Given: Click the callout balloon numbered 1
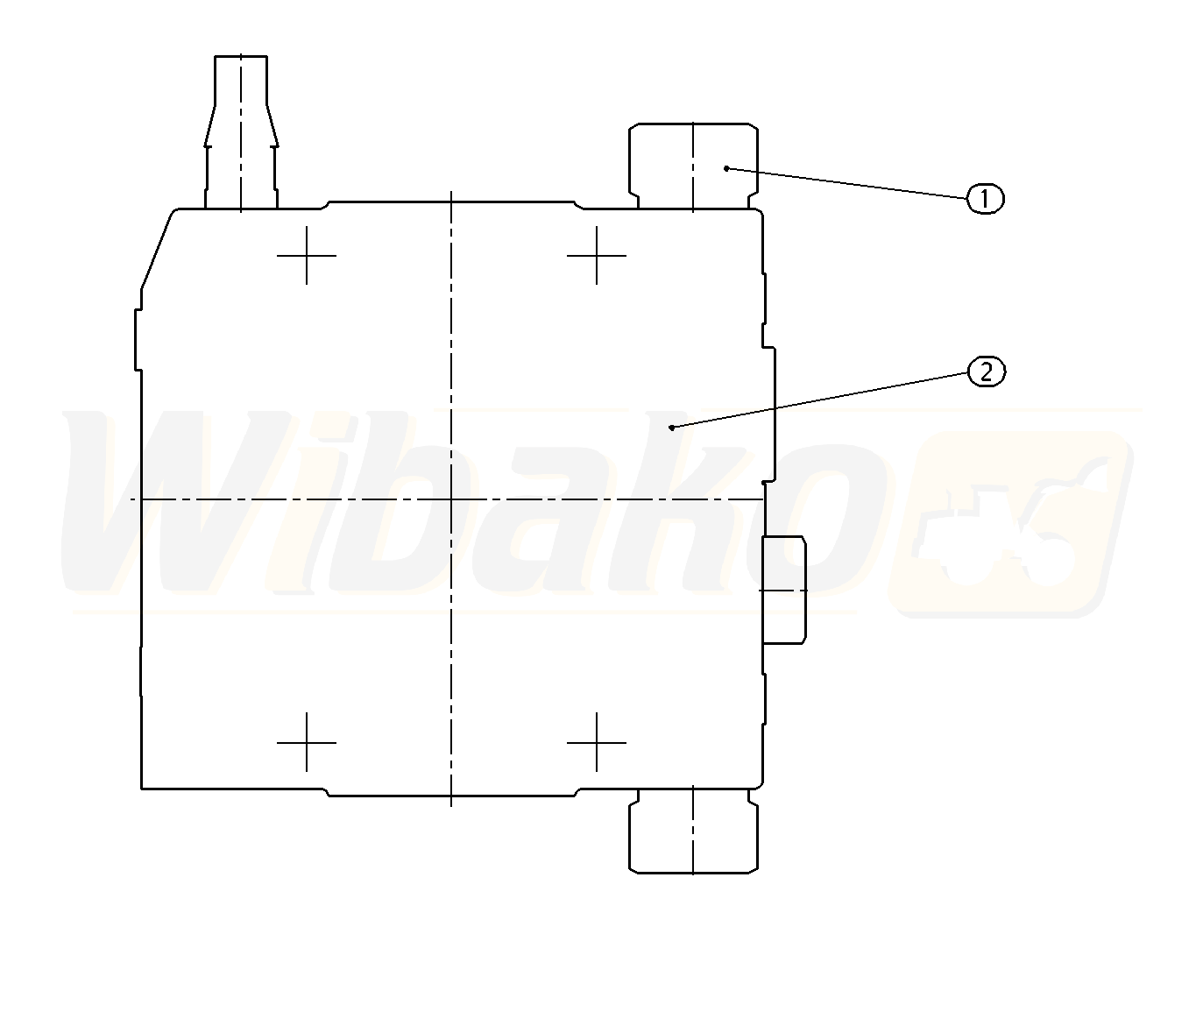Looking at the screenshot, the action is pos(985,199).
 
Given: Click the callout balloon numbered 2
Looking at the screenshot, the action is pos(987,371).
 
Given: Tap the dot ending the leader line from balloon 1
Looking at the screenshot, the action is pos(726,169).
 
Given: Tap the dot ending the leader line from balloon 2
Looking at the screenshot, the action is pos(672,428).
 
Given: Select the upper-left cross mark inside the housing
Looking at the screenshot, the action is pos(307,256).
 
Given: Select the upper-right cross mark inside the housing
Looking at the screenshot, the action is pos(597,256).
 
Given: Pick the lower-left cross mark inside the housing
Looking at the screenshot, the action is pos(307,743).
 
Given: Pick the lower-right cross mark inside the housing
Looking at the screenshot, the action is pos(597,743).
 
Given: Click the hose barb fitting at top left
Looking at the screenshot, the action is pos(241,132).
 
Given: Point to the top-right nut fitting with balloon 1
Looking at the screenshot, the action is pos(693,166).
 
